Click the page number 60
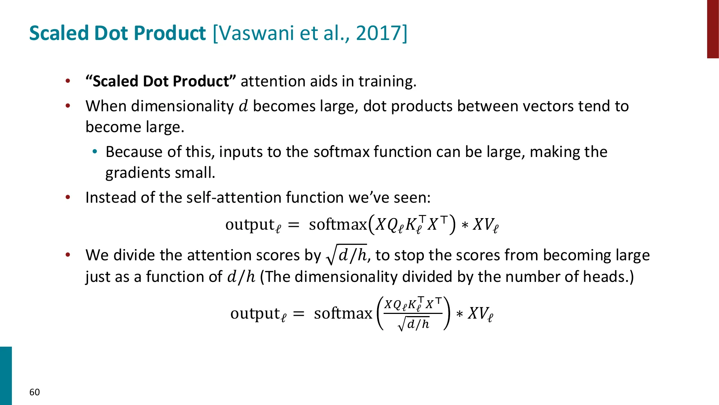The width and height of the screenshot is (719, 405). pos(35,392)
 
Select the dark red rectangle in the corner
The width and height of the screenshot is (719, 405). pos(713,29)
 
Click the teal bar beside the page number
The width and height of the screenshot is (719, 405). pos(6,375)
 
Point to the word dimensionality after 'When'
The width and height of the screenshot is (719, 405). pos(182,106)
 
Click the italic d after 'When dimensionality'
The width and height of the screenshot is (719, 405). pos(243,106)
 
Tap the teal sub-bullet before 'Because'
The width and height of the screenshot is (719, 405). pos(95,152)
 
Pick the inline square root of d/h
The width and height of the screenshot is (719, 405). pos(347,255)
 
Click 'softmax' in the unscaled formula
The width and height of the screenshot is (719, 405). pos(338,225)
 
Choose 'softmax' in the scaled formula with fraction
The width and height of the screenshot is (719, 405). pos(343,314)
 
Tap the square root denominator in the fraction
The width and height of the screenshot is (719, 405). pos(414,324)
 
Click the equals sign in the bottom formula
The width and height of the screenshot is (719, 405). pos(298,314)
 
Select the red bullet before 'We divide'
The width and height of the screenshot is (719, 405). pos(68,255)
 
